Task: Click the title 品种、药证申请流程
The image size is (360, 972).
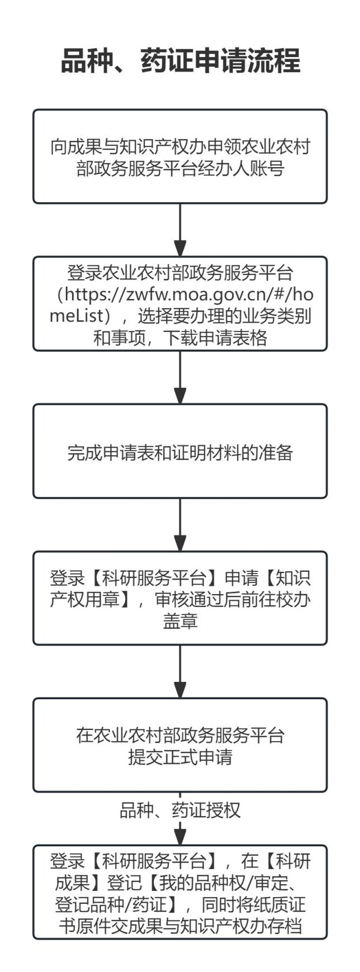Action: [x=180, y=61]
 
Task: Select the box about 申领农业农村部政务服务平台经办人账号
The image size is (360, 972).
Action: [x=180, y=157]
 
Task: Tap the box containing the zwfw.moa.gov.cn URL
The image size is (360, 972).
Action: [x=180, y=304]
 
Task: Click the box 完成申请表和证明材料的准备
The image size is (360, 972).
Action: [x=180, y=451]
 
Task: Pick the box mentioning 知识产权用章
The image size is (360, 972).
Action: [x=180, y=598]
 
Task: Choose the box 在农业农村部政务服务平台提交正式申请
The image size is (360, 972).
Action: [x=180, y=745]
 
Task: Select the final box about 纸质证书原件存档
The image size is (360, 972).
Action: [x=180, y=892]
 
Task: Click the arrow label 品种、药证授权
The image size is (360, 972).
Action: [x=180, y=810]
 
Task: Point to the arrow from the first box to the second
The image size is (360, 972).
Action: [x=180, y=230]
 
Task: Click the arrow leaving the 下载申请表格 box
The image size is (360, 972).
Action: [x=180, y=377]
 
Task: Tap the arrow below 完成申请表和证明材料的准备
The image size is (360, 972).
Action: [x=180, y=524]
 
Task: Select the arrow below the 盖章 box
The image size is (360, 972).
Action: [x=180, y=671]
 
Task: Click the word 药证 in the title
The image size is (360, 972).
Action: [x=167, y=61]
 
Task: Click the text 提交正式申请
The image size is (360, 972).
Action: [x=180, y=757]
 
